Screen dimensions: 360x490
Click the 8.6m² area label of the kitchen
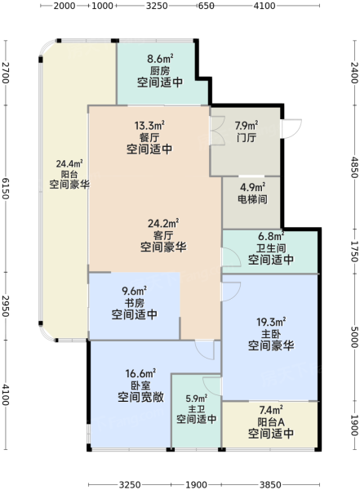click(x=160, y=59)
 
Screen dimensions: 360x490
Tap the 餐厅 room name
click(x=149, y=137)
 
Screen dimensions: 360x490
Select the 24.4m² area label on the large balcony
click(x=69, y=163)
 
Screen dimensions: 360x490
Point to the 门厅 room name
click(x=247, y=137)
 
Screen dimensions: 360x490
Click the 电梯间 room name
click(x=252, y=199)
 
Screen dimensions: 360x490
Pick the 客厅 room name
click(x=163, y=235)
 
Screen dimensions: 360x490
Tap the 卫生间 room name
click(x=271, y=248)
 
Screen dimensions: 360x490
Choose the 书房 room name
click(x=135, y=303)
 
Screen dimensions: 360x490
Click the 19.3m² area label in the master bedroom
click(x=271, y=322)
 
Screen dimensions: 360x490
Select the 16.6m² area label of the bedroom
click(x=140, y=373)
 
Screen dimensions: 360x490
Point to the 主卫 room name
click(x=196, y=408)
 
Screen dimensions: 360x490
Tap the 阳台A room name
click(x=271, y=422)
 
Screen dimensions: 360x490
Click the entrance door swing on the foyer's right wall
click(x=291, y=128)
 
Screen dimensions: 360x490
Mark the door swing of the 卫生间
click(x=231, y=257)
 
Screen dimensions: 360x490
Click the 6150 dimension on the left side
click(x=6, y=189)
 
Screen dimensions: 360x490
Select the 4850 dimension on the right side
click(x=354, y=167)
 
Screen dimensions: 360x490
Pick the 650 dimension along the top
click(x=207, y=6)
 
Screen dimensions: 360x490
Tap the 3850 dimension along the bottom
click(x=270, y=484)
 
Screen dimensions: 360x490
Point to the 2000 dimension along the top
click(x=64, y=6)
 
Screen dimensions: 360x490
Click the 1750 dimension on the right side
click(x=354, y=251)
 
